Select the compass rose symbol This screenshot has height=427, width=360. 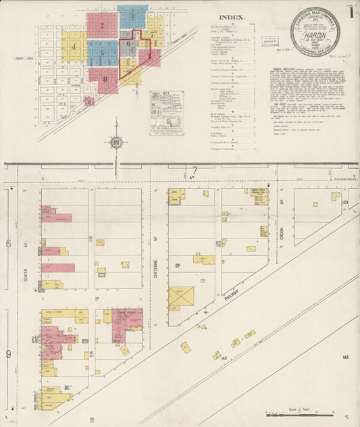point(117,143)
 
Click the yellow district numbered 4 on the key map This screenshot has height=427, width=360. point(73,47)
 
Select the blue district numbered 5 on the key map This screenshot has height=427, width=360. point(102,51)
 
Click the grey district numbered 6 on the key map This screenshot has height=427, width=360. point(128,44)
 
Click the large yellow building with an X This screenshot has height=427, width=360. point(180,297)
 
